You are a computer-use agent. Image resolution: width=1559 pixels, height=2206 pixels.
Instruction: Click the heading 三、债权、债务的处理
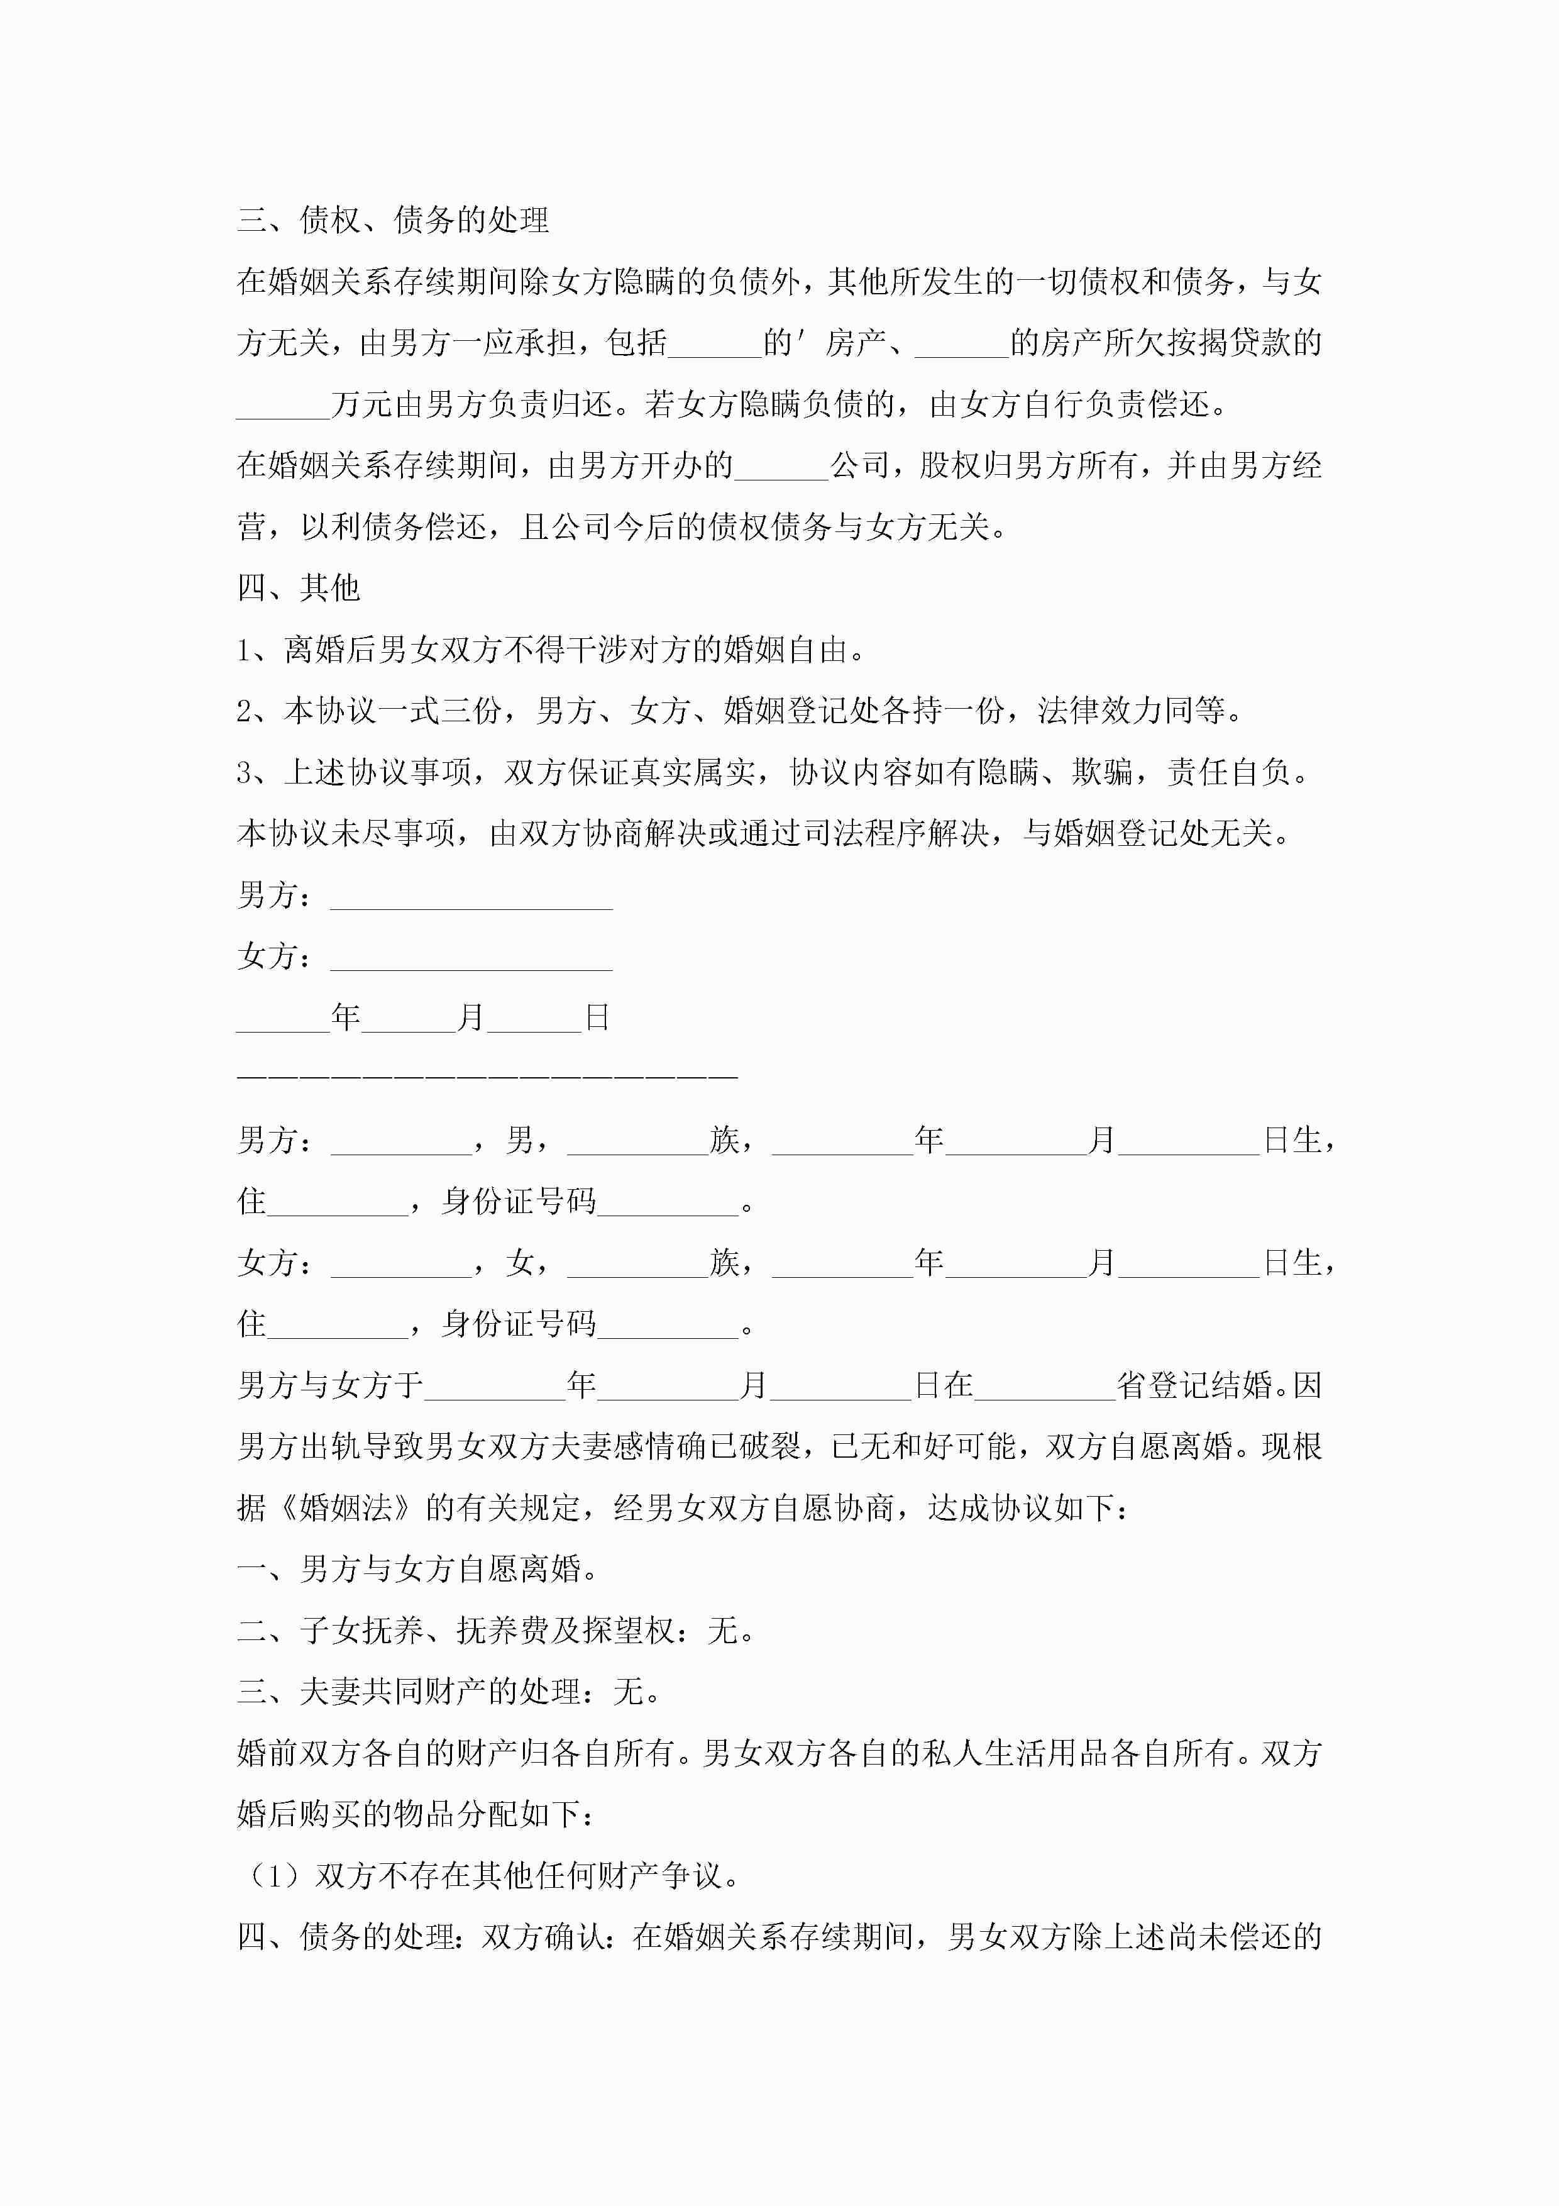pyautogui.click(x=393, y=220)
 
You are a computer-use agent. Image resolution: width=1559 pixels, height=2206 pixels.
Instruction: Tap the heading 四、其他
pyautogui.click(x=298, y=587)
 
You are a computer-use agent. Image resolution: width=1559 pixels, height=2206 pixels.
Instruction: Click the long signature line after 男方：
pyautogui.click(x=471, y=897)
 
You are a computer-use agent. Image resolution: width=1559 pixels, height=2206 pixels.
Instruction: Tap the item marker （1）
pyautogui.click(x=276, y=1875)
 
